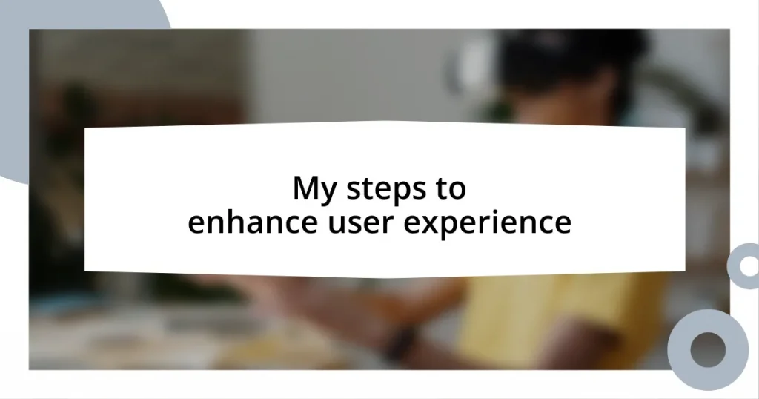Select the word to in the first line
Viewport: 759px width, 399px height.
click(450, 189)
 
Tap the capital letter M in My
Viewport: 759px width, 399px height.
click(304, 188)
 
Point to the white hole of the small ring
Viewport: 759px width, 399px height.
click(746, 266)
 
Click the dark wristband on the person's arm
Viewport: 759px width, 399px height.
click(400, 343)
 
